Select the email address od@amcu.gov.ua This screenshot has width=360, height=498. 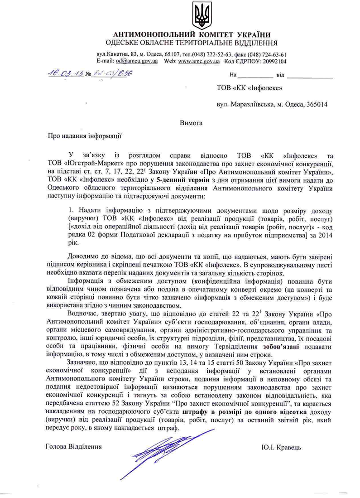tap(136, 61)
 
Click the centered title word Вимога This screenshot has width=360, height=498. tap(191, 123)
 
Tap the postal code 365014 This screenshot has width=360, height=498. tap(317, 104)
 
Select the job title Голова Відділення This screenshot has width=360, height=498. tap(74, 447)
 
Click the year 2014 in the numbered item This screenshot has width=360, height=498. tap(325, 235)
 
